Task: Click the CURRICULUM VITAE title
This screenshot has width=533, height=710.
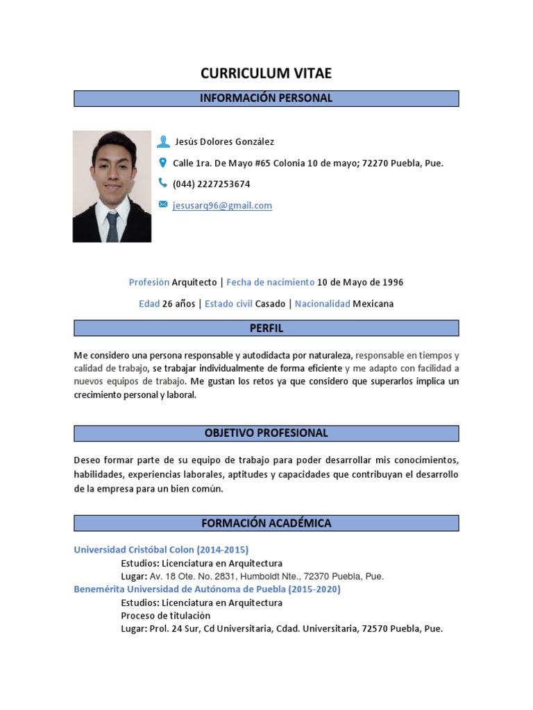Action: click(x=266, y=73)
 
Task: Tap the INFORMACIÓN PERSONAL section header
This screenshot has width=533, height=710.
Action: click(x=266, y=98)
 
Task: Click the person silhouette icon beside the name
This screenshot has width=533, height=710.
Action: click(x=163, y=141)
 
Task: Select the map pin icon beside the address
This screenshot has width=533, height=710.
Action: click(x=163, y=163)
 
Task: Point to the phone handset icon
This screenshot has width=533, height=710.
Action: click(x=163, y=183)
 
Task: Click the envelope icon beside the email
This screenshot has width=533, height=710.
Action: click(x=163, y=205)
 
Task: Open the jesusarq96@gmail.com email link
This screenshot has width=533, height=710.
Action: click(x=222, y=205)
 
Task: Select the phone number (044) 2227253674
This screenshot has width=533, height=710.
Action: click(x=211, y=184)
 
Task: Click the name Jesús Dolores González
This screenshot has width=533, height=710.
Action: click(x=223, y=142)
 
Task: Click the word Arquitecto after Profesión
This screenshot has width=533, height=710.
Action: click(x=194, y=282)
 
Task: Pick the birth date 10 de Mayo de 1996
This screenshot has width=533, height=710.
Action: click(x=360, y=282)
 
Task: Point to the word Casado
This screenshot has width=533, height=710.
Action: click(x=270, y=304)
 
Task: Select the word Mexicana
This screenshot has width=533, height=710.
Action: click(x=373, y=304)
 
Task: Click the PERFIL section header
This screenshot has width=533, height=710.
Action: click(x=266, y=328)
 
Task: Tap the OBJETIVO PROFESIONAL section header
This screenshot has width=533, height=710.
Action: click(x=266, y=433)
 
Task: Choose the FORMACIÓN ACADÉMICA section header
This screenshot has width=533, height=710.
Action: click(x=266, y=523)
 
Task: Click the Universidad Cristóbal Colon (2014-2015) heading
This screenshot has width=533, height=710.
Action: click(x=161, y=550)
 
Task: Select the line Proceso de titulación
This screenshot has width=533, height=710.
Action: click(x=165, y=616)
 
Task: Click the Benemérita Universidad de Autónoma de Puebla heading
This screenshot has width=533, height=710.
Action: click(x=207, y=589)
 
